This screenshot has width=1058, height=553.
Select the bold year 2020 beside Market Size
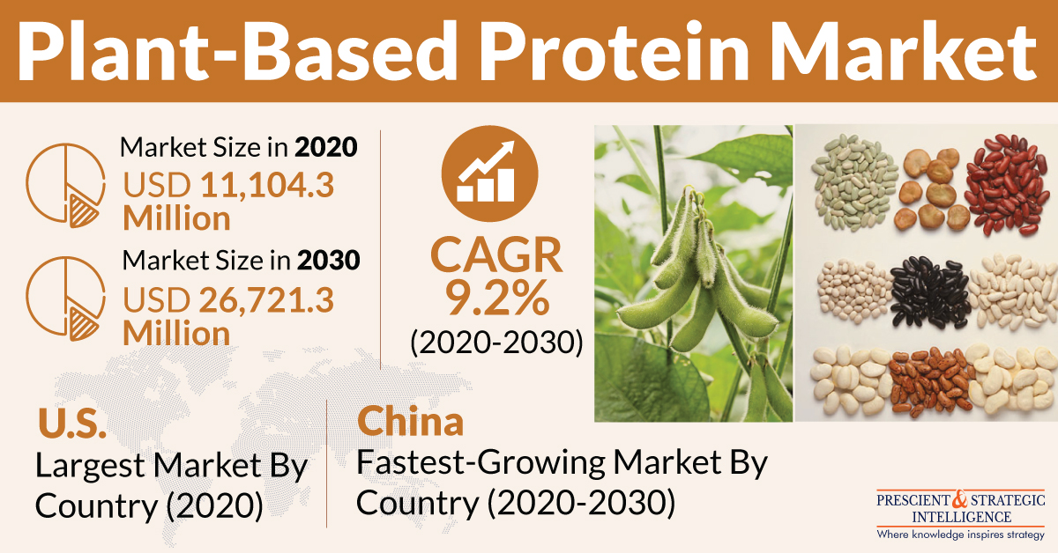click(326, 147)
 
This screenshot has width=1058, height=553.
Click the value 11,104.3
click(267, 185)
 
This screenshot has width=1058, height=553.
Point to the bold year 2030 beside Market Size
click(328, 260)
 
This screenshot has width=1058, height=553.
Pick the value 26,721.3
click(266, 300)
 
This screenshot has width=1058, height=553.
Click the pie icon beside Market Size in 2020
click(65, 186)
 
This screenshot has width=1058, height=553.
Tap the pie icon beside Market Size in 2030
click(65, 299)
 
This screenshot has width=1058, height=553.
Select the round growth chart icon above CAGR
click(490, 173)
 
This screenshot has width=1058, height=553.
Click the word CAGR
click(496, 254)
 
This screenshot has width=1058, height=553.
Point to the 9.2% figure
click(497, 299)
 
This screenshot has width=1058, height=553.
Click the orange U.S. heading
click(72, 423)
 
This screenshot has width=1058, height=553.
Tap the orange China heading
click(411, 421)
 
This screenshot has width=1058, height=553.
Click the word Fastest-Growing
click(481, 463)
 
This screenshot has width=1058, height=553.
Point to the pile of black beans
click(929, 292)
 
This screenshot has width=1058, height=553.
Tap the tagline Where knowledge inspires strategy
click(961, 535)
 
